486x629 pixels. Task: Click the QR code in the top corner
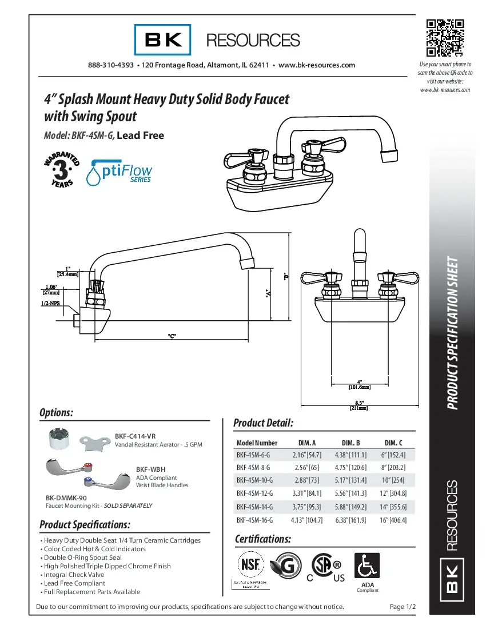445,38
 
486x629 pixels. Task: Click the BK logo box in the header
163,40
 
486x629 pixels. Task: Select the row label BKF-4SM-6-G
253,455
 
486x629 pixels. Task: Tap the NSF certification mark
252,566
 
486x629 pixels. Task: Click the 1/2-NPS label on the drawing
50,304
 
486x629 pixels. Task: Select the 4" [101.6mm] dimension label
360,384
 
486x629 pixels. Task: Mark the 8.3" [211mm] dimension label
359,405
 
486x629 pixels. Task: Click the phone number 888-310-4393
111,65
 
